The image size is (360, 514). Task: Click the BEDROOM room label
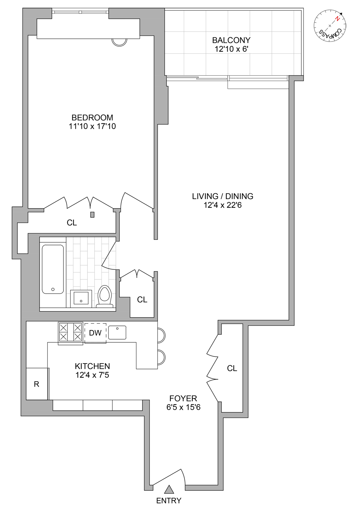pyautogui.click(x=92, y=118)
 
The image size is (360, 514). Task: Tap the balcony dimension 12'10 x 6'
pyautogui.click(x=231, y=49)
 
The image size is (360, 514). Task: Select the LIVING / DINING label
pyautogui.click(x=223, y=196)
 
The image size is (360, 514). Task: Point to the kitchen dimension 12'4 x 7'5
pyautogui.click(x=92, y=375)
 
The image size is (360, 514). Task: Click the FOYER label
pyautogui.click(x=183, y=399)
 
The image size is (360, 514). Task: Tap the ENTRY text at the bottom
pyautogui.click(x=168, y=501)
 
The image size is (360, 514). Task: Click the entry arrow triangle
pyautogui.click(x=169, y=489)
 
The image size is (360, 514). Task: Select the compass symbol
pyautogui.click(x=330, y=26)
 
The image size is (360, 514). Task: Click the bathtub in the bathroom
pyautogui.click(x=53, y=269)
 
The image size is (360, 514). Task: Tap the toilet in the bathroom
pyautogui.click(x=105, y=296)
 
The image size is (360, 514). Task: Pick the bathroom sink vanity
pyautogui.click(x=81, y=298)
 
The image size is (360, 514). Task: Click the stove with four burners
pyautogui.click(x=70, y=332)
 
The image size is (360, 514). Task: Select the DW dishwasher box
pyautogui.click(x=95, y=333)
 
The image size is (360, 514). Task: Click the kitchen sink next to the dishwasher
pyautogui.click(x=117, y=332)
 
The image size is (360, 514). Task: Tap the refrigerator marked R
pyautogui.click(x=37, y=384)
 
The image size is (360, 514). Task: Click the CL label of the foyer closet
pyautogui.click(x=232, y=368)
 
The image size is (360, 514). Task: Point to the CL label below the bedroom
pyautogui.click(x=72, y=223)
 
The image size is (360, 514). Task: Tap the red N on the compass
pyautogui.click(x=338, y=19)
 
